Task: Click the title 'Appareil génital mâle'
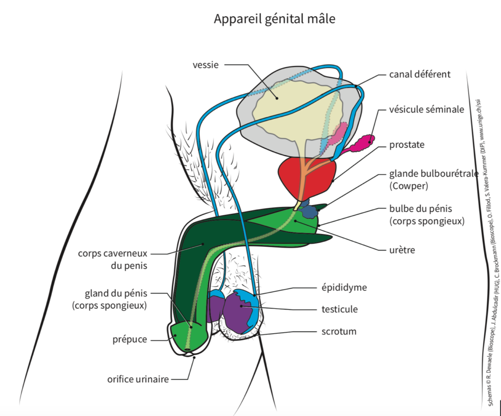click(x=274, y=19)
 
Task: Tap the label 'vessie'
click(x=205, y=65)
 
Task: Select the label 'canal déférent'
click(x=420, y=74)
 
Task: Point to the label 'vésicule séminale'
click(x=427, y=110)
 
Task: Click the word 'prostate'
click(x=407, y=145)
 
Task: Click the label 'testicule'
click(x=340, y=309)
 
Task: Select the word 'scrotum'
click(x=339, y=331)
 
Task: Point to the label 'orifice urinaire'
click(x=138, y=379)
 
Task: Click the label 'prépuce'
click(x=129, y=339)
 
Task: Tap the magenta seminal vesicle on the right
click(x=363, y=143)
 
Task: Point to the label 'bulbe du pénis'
click(x=417, y=210)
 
